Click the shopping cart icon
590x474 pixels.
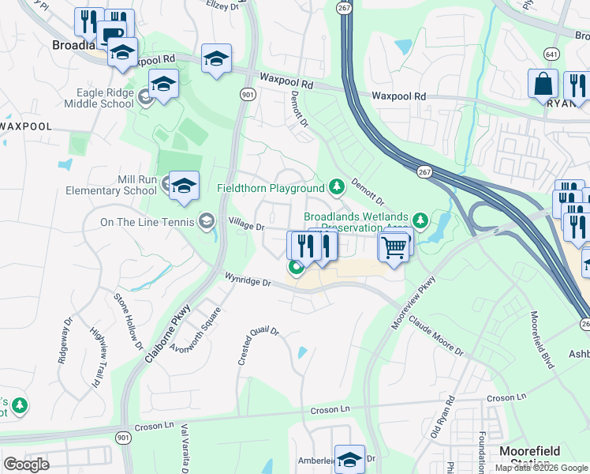(394, 247)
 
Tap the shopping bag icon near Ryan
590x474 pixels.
(543, 84)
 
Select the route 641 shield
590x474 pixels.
(550, 53)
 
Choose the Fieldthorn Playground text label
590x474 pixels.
(271, 189)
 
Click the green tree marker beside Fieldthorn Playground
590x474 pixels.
(337, 187)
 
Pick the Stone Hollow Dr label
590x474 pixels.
(128, 321)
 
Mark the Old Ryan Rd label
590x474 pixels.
(442, 417)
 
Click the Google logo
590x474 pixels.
(26, 465)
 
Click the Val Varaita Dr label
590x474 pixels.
(186, 447)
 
